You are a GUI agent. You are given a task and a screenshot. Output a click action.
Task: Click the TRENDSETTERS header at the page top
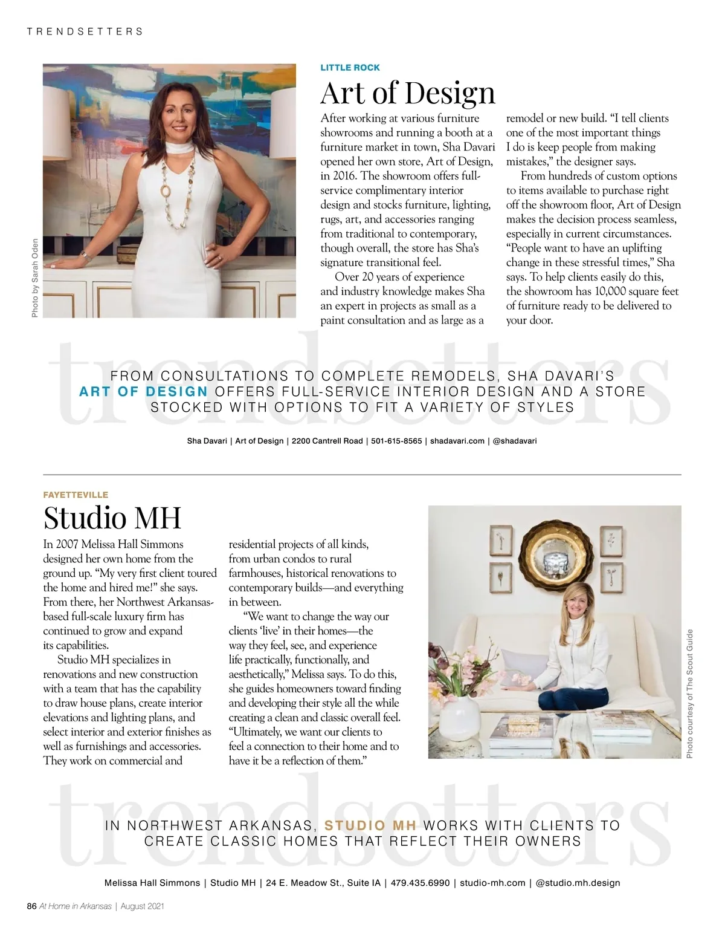point(85,31)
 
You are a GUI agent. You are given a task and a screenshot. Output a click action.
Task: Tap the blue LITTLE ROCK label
point(350,68)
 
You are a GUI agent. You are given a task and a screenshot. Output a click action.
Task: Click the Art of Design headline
point(407,93)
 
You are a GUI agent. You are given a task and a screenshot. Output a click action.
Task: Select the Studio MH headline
point(112,518)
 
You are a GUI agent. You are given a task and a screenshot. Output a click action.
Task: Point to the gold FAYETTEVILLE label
point(76,495)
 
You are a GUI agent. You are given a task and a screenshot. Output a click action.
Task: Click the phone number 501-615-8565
point(396,441)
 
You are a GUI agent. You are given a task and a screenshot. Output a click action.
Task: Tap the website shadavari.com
point(457,441)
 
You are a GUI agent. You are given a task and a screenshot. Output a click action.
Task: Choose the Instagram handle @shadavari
point(515,441)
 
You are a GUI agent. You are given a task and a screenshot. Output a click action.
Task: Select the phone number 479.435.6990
point(420,883)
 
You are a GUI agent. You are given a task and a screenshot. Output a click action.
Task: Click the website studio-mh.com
point(492,883)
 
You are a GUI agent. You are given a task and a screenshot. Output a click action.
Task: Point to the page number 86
point(32,906)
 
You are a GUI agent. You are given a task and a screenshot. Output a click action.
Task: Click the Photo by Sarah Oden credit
point(35,276)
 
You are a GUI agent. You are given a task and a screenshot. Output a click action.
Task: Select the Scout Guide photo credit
point(689,694)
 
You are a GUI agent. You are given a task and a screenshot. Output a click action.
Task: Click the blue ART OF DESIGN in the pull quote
point(144,391)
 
